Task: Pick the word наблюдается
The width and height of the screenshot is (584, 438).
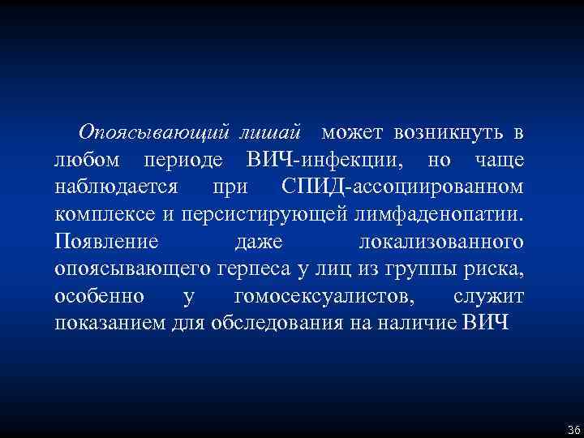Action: click(116, 187)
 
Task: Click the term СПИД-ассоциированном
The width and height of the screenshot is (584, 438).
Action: click(403, 187)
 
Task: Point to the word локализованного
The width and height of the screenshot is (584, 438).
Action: click(440, 243)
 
